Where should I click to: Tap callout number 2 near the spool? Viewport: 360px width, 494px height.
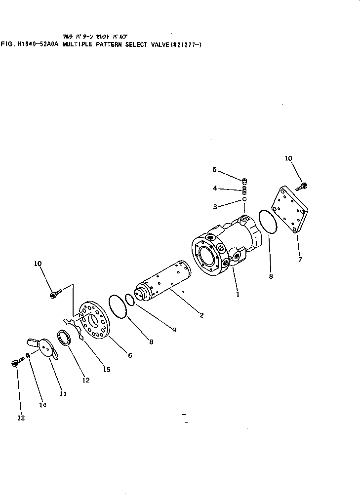pos(202,315)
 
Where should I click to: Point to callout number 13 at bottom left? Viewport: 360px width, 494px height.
pos(21,418)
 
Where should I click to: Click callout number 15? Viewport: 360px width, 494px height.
pos(107,370)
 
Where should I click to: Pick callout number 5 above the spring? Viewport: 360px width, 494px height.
pos(215,169)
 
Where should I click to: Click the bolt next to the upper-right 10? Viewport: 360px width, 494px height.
pos(302,187)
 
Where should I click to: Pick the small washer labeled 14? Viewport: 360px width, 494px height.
pos(29,356)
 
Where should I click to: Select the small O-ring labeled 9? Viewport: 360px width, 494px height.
pos(129,300)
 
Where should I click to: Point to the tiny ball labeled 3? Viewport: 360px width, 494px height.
pos(244,199)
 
